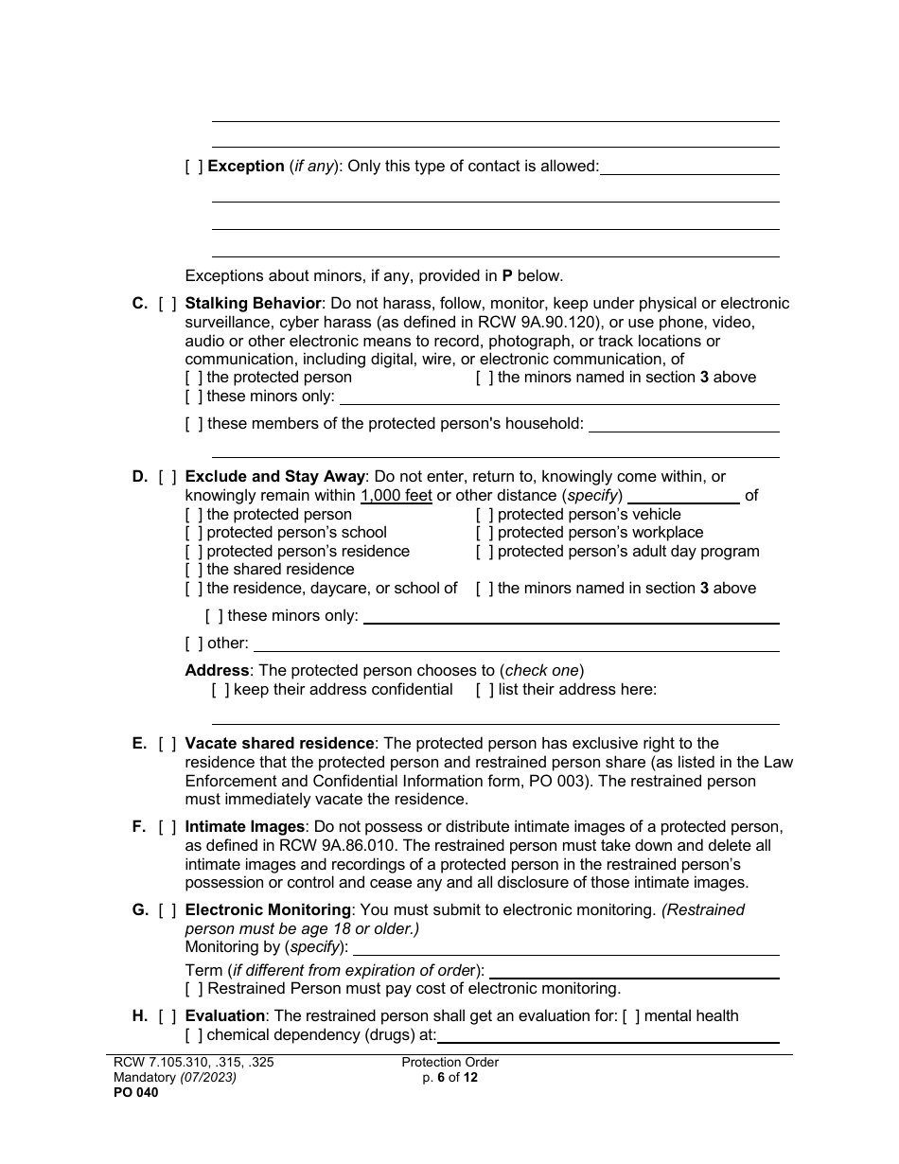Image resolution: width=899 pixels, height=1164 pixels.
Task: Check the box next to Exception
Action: pos(194,167)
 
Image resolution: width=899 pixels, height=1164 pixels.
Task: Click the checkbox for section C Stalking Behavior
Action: pos(167,304)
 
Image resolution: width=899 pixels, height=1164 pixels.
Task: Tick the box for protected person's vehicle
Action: pos(485,515)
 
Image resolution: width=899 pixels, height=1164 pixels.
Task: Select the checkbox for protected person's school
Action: pos(194,533)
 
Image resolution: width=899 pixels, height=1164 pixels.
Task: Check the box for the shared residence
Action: pos(194,570)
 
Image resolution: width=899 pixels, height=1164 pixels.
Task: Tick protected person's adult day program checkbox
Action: pos(485,552)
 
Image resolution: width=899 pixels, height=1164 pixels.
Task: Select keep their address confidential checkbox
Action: pos(220,690)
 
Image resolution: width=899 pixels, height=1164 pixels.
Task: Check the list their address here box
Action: pos(485,690)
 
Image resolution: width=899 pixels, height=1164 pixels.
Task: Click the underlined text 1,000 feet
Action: pos(396,496)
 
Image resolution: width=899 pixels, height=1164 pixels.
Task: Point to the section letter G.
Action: pos(139,910)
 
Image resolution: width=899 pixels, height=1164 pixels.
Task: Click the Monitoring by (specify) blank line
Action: pos(566,948)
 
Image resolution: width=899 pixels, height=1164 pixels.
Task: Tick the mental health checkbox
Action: pos(631,1016)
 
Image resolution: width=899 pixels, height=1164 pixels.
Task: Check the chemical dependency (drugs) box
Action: pos(194,1035)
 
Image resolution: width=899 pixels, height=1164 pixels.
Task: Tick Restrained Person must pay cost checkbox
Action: pos(194,989)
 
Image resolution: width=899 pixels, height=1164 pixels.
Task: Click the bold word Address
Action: pos(217,671)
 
